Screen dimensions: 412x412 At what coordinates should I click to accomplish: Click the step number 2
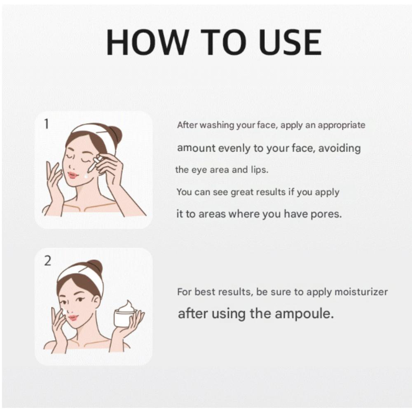point(48,261)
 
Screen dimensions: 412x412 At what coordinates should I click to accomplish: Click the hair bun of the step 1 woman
point(114,134)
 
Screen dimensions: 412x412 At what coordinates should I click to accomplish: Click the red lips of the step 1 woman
point(73,175)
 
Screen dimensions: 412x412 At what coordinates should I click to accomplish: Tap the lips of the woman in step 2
point(73,318)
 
